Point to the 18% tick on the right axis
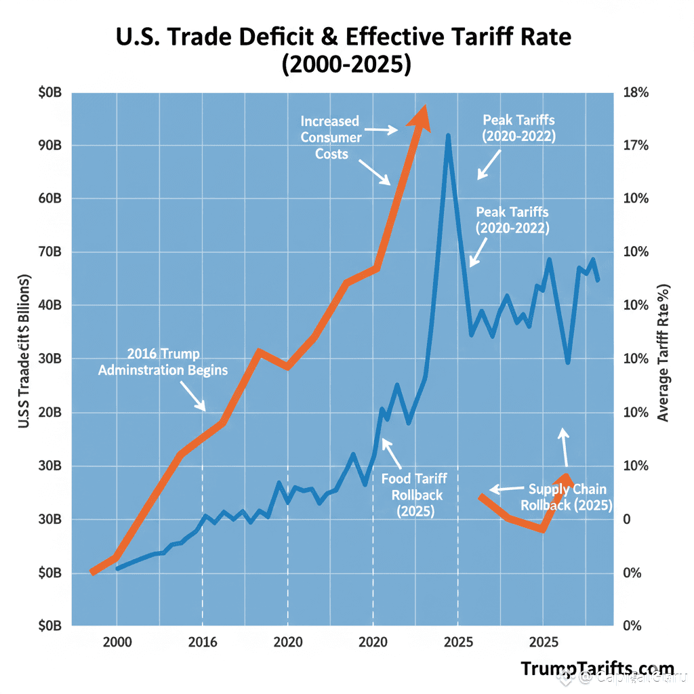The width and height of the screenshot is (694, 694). [x=636, y=92]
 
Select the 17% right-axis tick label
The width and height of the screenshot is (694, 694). [x=636, y=146]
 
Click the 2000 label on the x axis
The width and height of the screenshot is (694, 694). [x=117, y=642]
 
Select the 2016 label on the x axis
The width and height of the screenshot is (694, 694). [x=202, y=642]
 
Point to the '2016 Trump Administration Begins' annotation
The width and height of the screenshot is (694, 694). [x=163, y=362]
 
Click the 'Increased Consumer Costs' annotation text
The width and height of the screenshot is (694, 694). [x=331, y=138]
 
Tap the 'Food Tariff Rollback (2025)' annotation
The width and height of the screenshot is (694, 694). [x=413, y=495]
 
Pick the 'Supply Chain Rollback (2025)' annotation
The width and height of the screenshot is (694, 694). [x=567, y=497]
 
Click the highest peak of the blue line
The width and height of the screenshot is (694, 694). [x=448, y=136]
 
